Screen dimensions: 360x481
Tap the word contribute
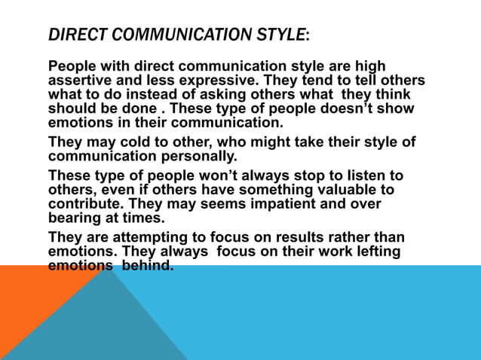tap(84, 204)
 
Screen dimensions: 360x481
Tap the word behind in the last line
tap(148, 266)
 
